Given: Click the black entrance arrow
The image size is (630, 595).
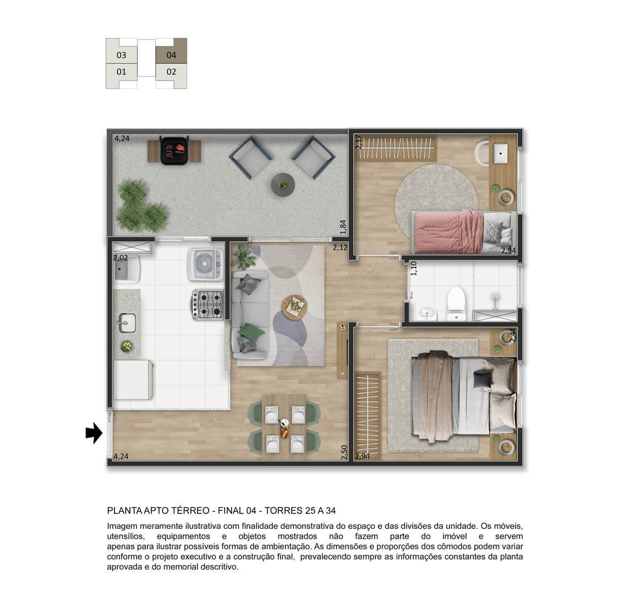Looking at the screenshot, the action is click(95, 433).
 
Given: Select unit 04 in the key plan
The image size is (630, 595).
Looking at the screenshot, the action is click(171, 55).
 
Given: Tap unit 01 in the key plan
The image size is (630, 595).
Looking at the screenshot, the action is click(122, 72).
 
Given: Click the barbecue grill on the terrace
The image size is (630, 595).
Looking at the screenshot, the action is click(175, 150).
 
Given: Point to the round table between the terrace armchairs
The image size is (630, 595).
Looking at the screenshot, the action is click(283, 185).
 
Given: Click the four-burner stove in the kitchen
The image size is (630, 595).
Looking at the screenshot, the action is click(208, 305).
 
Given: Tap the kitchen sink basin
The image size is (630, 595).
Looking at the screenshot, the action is click(127, 323).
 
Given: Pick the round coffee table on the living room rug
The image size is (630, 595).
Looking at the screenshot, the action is click(295, 306).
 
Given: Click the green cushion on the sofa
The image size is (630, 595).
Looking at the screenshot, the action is click(251, 331).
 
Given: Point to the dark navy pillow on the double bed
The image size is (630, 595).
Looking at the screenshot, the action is click(483, 379).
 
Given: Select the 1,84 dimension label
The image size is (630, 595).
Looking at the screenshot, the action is click(343, 227).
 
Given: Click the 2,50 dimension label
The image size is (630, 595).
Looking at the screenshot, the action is click(344, 452).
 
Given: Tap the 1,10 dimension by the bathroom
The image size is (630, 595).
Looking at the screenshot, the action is click(414, 268).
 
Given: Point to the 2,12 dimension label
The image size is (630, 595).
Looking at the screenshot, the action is click(340, 247).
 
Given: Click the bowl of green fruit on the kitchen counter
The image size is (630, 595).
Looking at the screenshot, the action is click(127, 345).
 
